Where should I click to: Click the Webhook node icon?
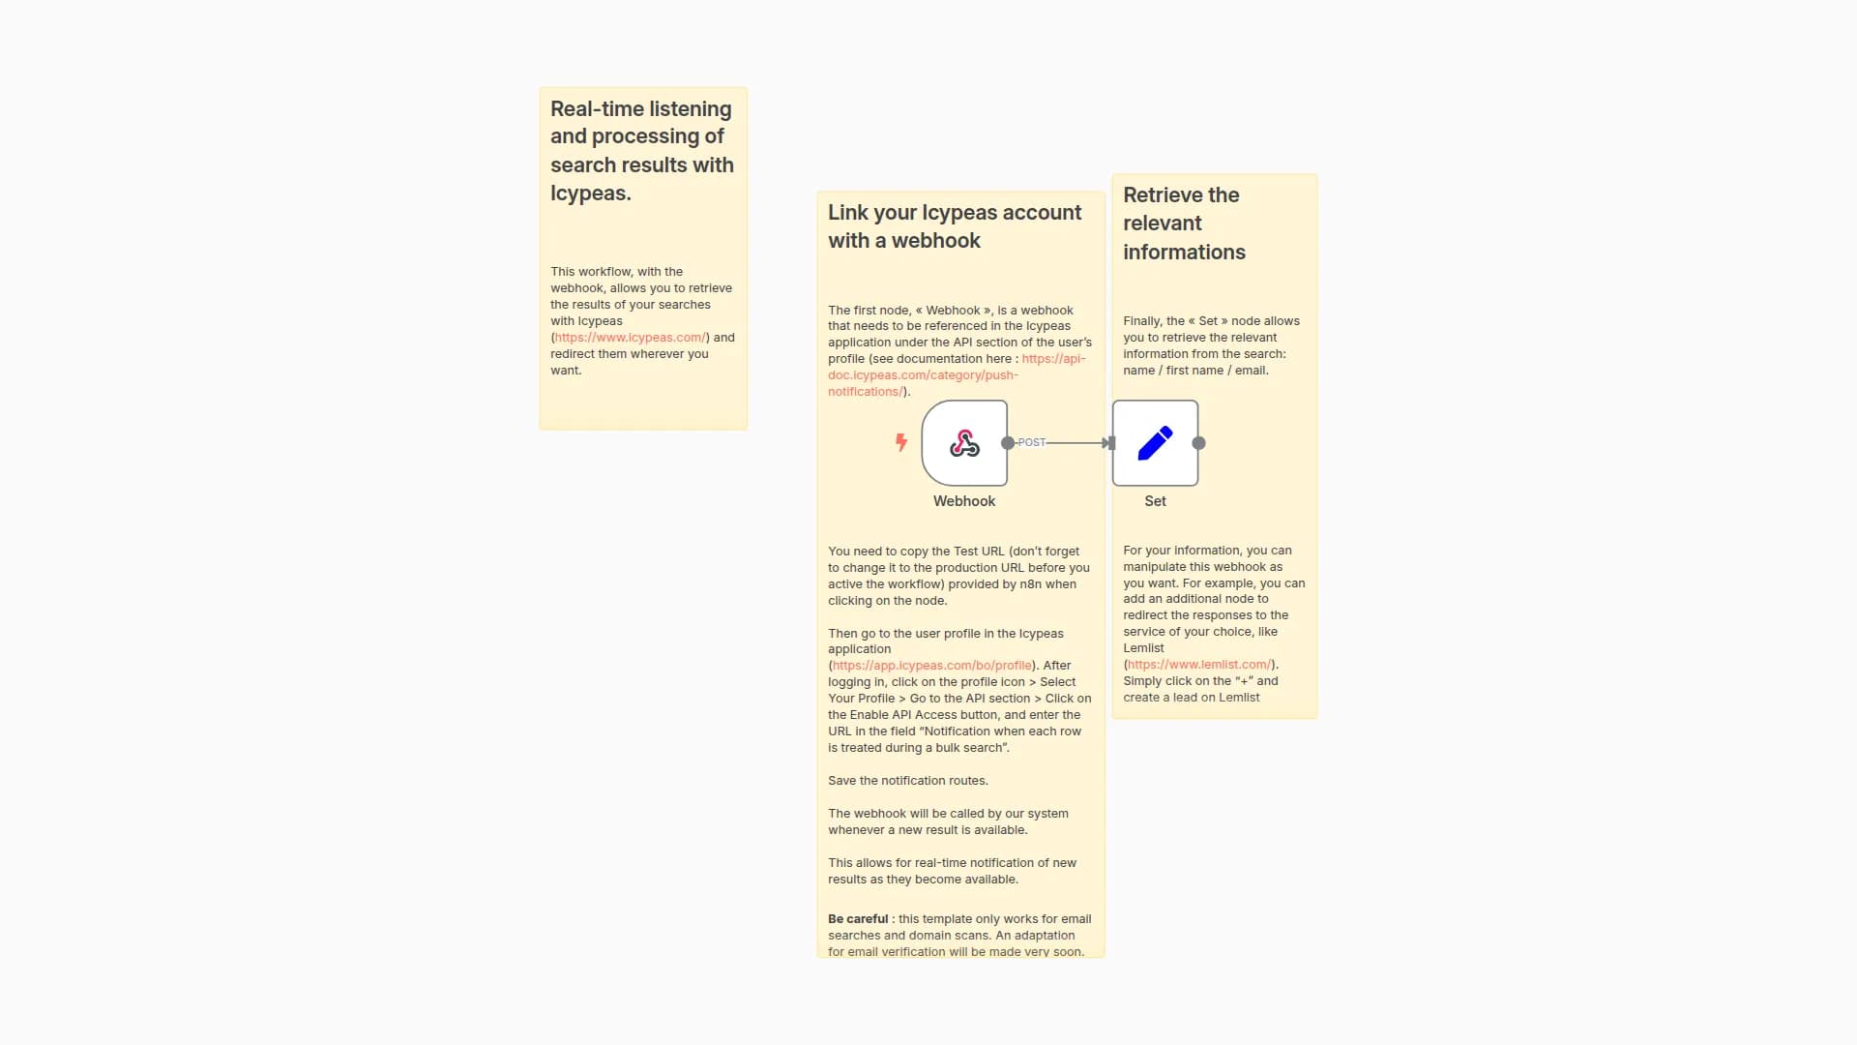tap(964, 443)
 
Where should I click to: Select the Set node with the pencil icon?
tap(1155, 443)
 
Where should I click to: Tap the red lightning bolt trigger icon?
tap(901, 442)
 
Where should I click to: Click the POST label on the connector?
tap(1031, 442)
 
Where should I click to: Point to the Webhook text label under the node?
tap(964, 501)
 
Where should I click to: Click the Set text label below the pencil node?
tap(1155, 501)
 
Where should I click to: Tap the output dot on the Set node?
tap(1198, 443)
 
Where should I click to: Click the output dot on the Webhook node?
tap(1008, 443)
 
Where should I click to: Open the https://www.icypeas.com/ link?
tap(630, 338)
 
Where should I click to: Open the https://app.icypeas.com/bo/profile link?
tap(931, 666)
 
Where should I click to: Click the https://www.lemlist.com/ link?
tap(1199, 665)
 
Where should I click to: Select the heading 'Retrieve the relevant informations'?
tap(1184, 224)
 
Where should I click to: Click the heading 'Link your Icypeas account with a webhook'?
tap(954, 226)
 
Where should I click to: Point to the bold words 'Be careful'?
tap(857, 919)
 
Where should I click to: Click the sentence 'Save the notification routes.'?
tap(907, 781)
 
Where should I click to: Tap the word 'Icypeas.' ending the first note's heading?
tap(590, 194)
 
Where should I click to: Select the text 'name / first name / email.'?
tap(1195, 371)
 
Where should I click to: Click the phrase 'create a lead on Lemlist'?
tap(1191, 698)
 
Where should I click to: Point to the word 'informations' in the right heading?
tap(1184, 253)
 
